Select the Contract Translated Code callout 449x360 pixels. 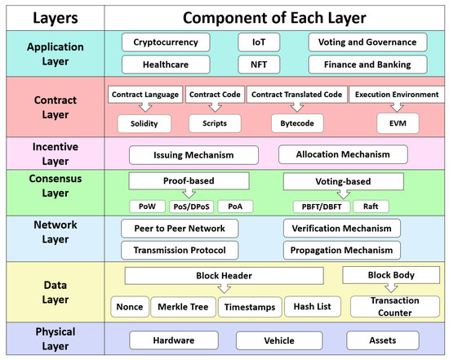296,96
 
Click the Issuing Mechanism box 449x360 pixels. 193,153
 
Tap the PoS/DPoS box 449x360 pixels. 191,205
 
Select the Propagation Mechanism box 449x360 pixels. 342,249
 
